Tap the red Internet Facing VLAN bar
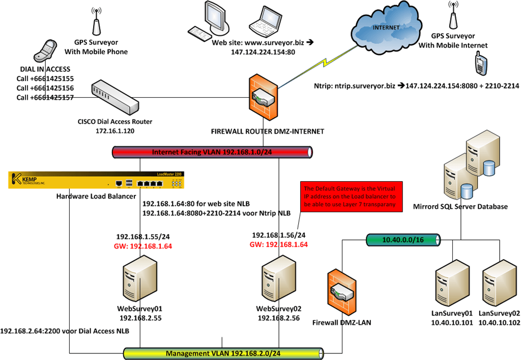point(212,152)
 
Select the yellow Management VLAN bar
point(223,353)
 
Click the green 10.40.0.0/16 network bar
point(403,240)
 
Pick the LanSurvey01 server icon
point(453,284)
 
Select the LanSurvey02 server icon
point(500,284)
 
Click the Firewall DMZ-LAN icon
point(342,292)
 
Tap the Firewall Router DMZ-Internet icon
point(263,97)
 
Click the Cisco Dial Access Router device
point(115,97)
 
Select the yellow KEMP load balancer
point(96,180)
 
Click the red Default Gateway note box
point(351,197)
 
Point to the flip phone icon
point(45,50)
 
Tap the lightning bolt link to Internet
point(319,66)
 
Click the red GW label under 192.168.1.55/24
point(143,246)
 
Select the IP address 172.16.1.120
point(115,131)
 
